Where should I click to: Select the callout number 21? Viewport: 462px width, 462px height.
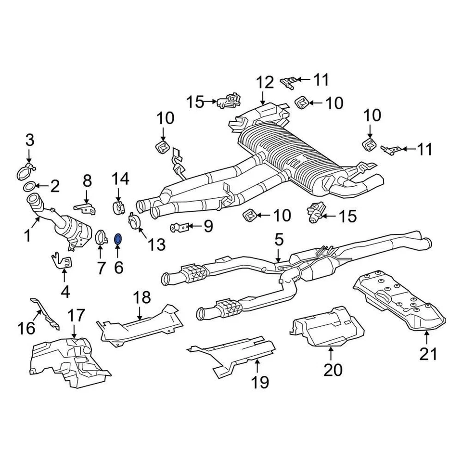[428, 354]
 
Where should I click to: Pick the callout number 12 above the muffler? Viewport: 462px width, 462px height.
[264, 82]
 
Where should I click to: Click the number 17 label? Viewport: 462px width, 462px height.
[76, 316]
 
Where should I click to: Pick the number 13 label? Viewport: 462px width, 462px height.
[156, 244]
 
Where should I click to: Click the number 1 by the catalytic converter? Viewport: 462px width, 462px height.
[27, 235]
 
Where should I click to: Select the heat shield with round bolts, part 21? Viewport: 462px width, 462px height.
[399, 301]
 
